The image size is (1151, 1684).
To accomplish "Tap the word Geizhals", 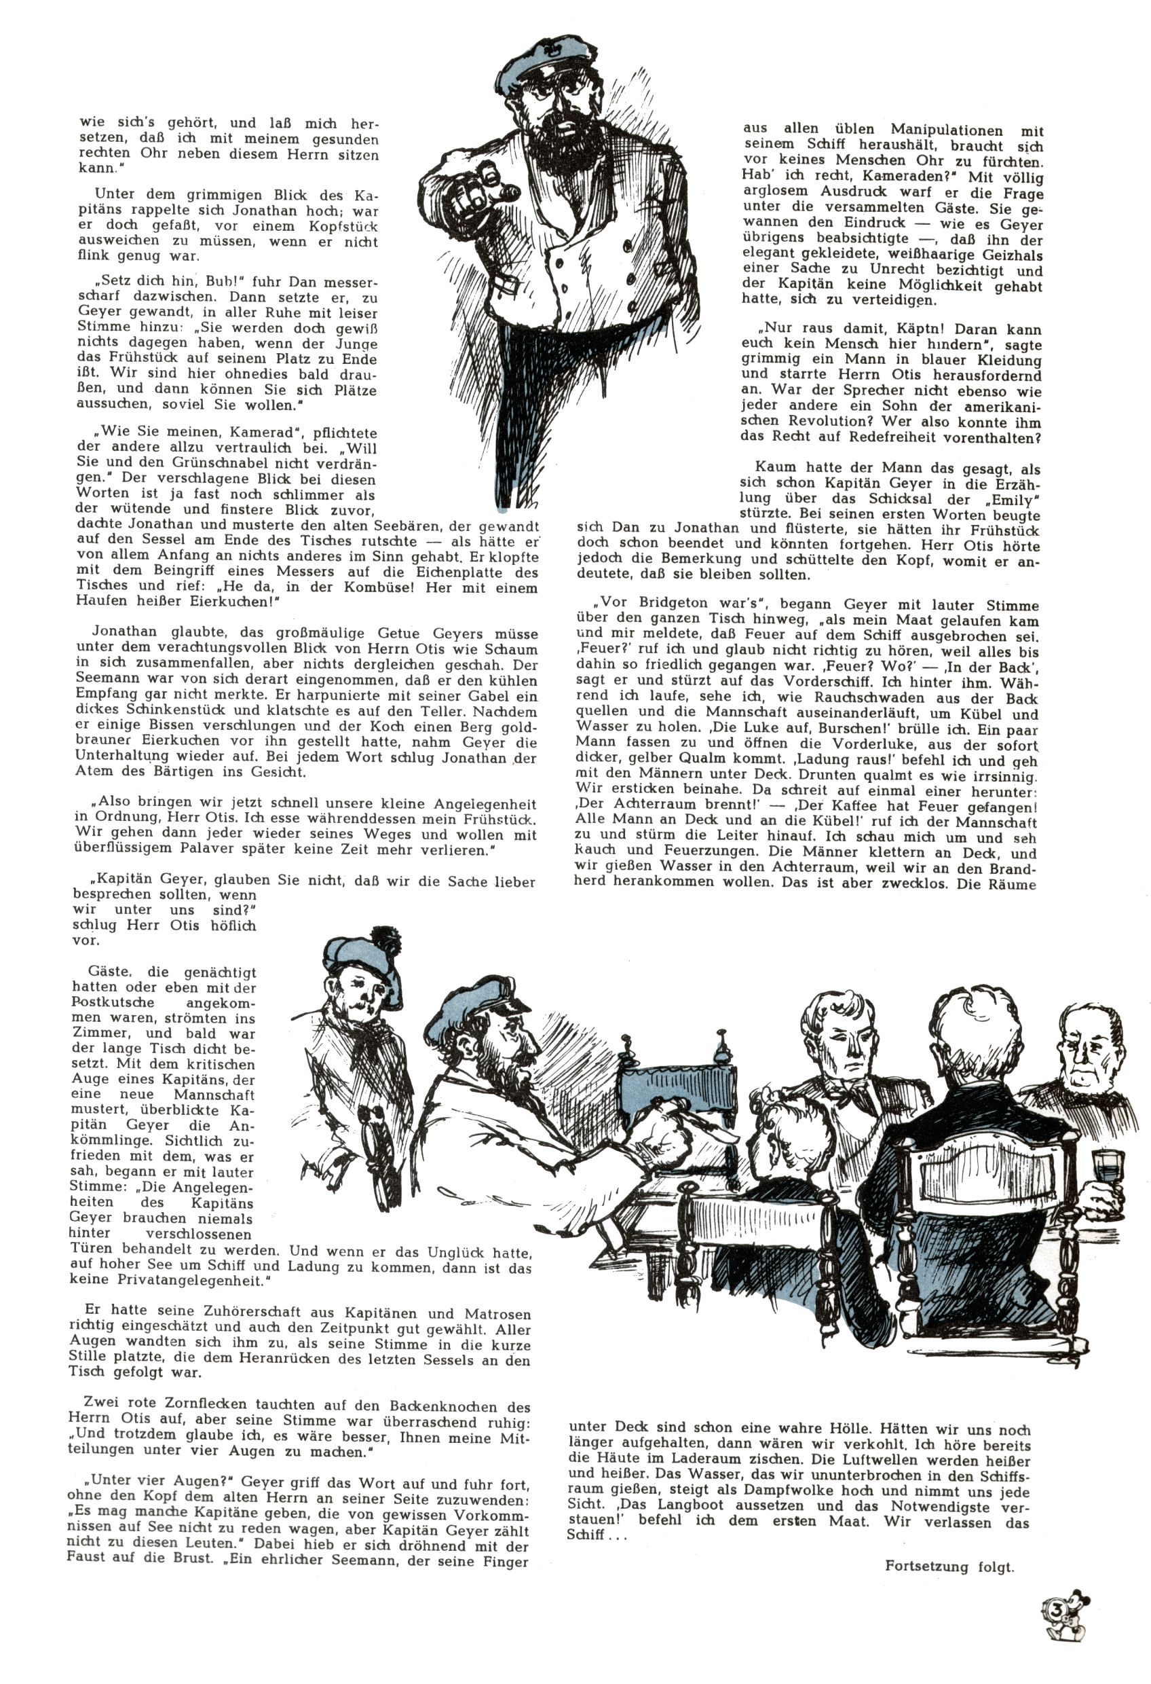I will tap(1007, 255).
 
